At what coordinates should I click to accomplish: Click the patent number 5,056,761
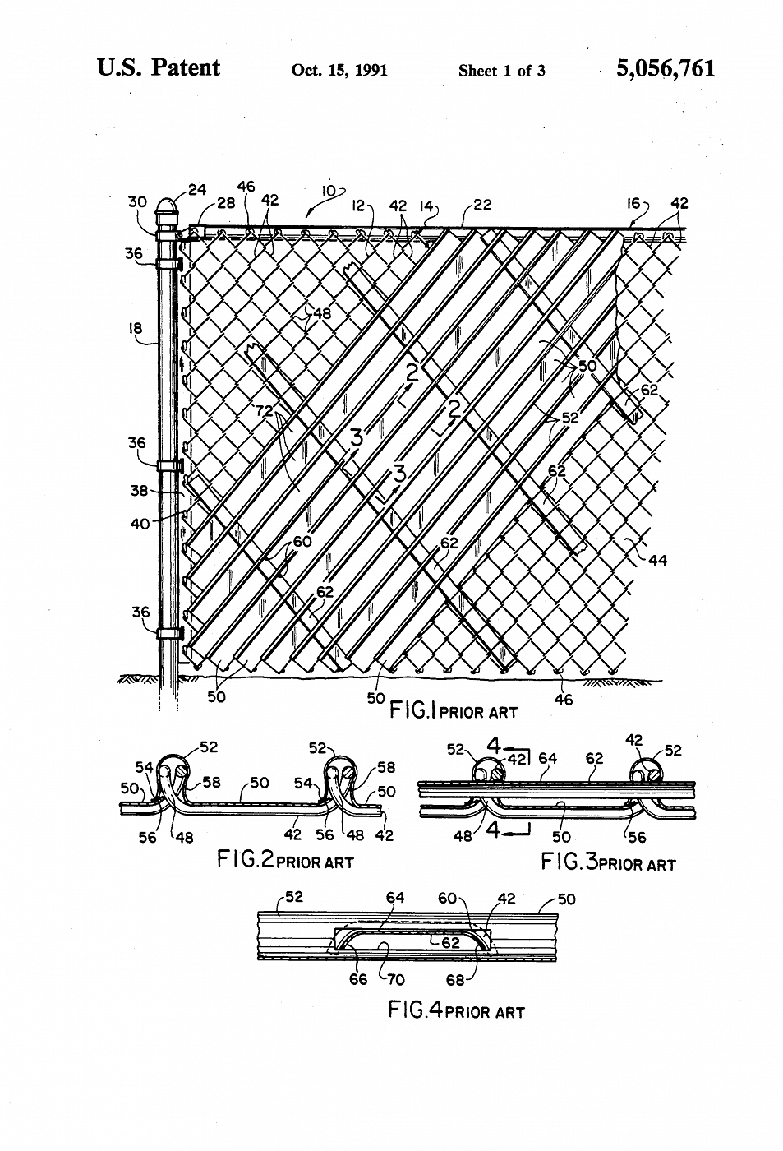666,69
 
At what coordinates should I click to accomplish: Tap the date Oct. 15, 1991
339,70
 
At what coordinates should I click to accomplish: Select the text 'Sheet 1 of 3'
502,71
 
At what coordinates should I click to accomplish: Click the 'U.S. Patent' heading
159,67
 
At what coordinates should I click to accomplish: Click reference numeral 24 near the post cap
196,190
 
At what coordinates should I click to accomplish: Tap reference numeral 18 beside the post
136,328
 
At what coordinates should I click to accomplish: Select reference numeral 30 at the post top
137,202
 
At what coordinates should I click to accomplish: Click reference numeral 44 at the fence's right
658,560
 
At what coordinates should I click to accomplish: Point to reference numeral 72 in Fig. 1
265,410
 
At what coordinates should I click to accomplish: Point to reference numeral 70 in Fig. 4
395,980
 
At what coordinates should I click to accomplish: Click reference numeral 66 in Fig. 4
358,979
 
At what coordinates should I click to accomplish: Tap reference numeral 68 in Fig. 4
455,980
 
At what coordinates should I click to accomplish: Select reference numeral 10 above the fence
329,191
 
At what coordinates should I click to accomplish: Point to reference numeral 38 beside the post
139,491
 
